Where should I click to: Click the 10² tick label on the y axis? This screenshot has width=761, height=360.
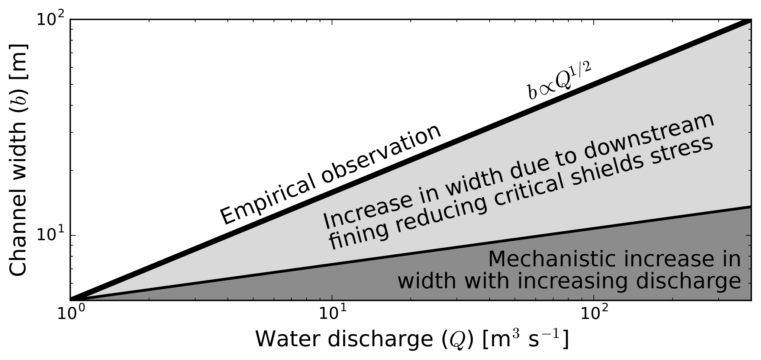(x=51, y=19)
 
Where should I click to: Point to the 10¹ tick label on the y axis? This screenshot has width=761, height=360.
(x=51, y=235)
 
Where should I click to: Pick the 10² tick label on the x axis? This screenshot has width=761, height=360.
(x=594, y=314)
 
